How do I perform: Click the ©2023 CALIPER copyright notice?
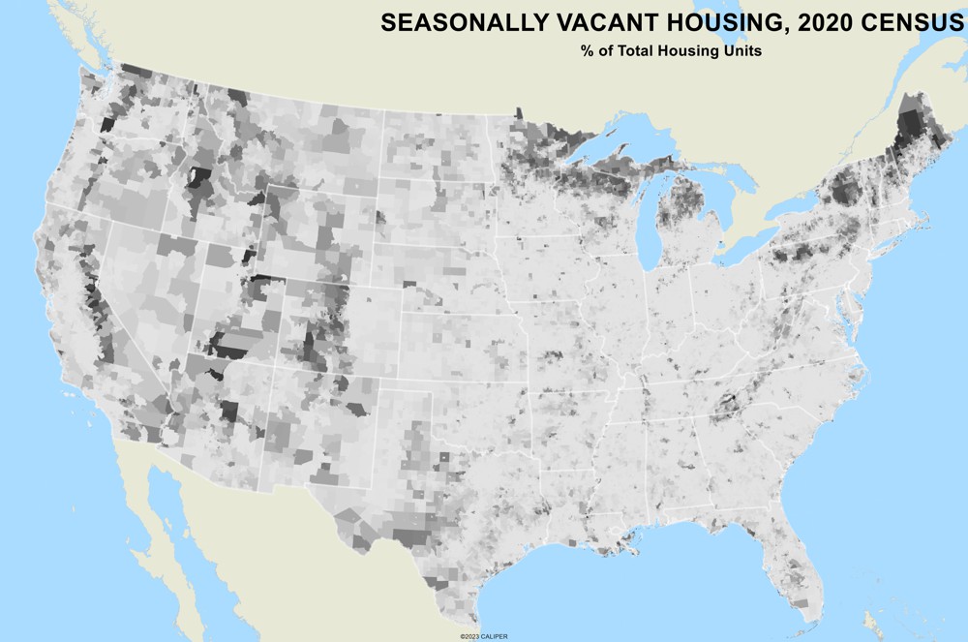pos(483,636)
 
